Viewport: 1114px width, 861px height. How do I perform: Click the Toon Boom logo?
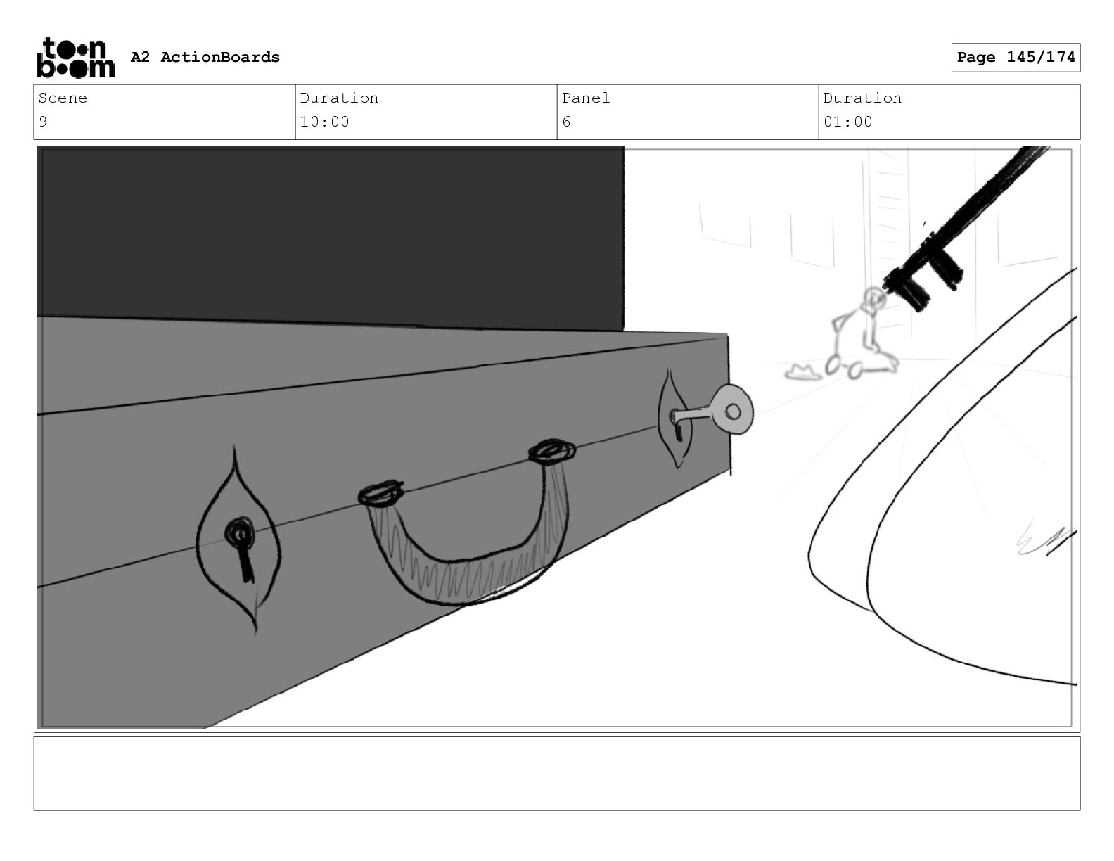pos(76,58)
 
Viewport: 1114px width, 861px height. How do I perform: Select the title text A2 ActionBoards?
pos(205,57)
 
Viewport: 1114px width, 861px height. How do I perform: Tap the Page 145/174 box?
pos(1015,58)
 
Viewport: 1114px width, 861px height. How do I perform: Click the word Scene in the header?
pos(63,98)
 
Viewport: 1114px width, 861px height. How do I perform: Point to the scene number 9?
pos(43,122)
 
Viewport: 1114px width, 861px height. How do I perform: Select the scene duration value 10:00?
pos(324,122)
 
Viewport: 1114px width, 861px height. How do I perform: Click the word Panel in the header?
pos(585,98)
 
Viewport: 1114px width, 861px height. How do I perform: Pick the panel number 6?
pos(566,122)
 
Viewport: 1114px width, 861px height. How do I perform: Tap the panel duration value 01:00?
pos(847,122)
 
